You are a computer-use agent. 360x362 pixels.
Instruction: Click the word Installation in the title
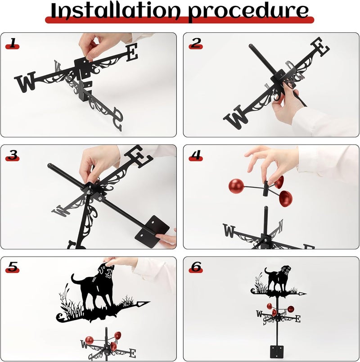tap(115, 11)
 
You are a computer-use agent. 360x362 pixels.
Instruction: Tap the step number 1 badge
tap(13, 43)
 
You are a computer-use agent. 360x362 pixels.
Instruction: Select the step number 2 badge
tap(196, 43)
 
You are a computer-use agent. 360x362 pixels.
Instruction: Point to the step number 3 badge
tap(13, 155)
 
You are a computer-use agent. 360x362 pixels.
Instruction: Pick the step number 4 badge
tap(196, 155)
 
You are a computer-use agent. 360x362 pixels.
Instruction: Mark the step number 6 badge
tap(196, 267)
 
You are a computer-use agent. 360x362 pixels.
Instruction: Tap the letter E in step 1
tap(132, 52)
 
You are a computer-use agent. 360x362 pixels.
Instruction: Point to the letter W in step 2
tap(236, 117)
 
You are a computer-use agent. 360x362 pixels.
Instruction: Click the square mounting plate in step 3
tap(152, 231)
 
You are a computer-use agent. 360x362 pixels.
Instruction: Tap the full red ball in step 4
tap(236, 186)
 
